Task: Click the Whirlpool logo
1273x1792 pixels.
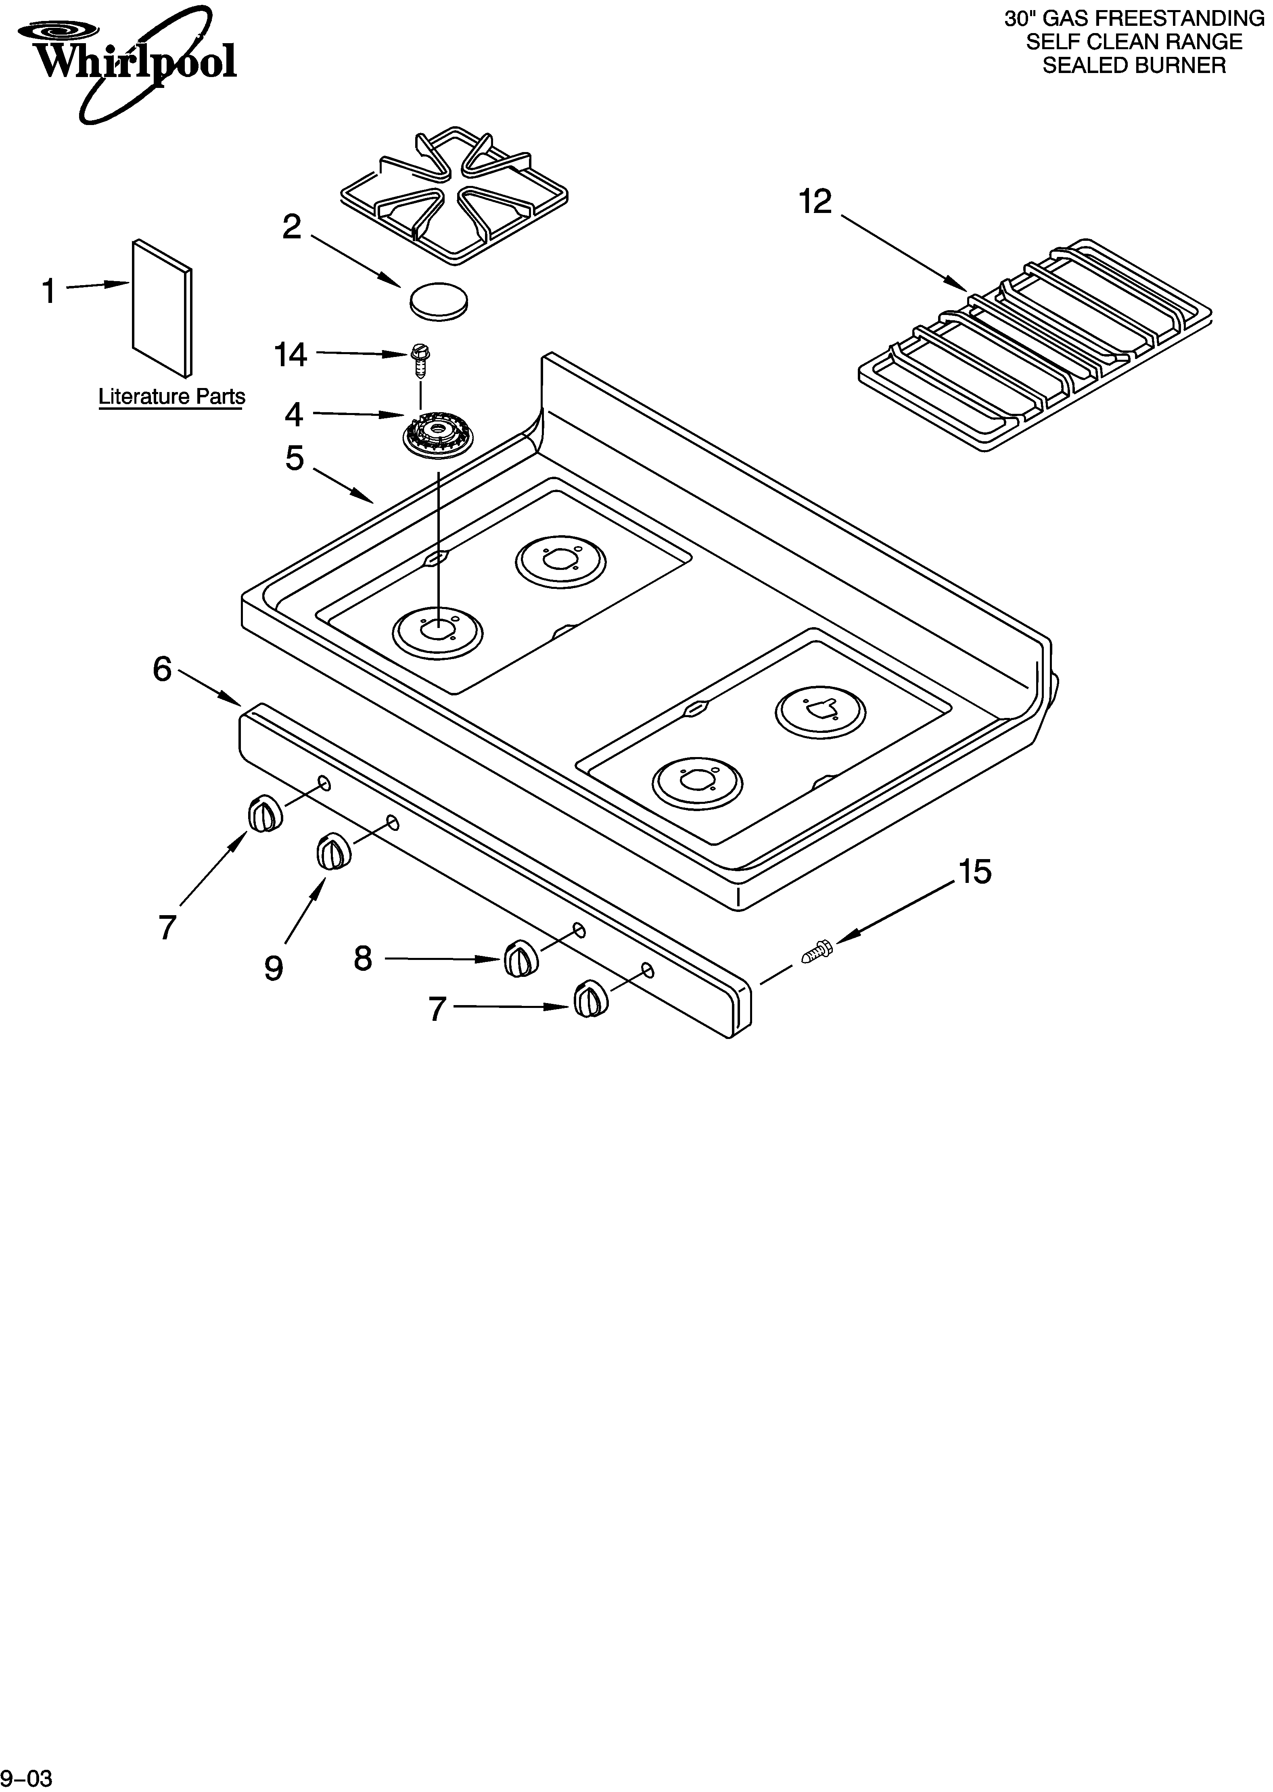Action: click(x=125, y=59)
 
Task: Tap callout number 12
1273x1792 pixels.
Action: click(x=815, y=202)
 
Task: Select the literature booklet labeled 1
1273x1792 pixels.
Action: click(x=161, y=307)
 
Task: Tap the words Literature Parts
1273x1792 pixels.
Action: click(x=171, y=396)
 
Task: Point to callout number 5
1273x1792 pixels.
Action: click(x=294, y=458)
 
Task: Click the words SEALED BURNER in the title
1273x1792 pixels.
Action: click(x=1133, y=66)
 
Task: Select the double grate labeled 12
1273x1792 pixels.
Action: click(x=1035, y=345)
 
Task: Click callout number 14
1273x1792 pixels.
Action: click(x=290, y=355)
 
